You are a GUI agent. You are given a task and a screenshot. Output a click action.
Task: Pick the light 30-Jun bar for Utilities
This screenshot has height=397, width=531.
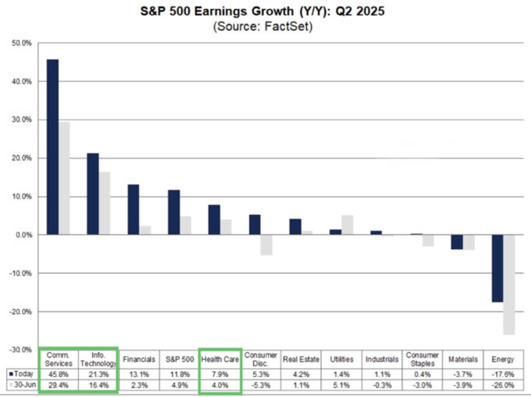347,225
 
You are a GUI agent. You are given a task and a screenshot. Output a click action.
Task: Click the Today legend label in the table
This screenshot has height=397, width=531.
22,374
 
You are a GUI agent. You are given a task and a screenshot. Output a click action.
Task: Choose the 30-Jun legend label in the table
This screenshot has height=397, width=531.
22,385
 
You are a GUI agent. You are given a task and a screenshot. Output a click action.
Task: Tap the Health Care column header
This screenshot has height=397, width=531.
219,360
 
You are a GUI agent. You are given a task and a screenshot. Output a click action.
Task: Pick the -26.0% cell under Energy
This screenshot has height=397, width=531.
504,385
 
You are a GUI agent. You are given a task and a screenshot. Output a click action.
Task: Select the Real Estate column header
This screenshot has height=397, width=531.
300,360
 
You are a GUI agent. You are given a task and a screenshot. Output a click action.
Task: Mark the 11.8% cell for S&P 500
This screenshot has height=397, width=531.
178,374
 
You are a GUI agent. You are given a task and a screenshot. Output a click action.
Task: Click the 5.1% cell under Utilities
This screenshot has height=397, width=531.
341,385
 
